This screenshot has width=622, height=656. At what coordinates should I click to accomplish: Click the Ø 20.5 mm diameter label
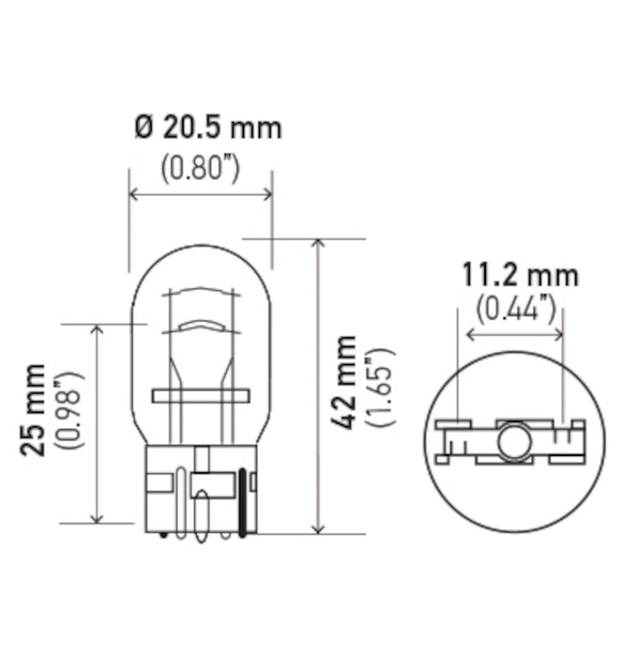pyautogui.click(x=208, y=127)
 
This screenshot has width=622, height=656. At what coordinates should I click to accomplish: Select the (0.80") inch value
pyautogui.click(x=199, y=169)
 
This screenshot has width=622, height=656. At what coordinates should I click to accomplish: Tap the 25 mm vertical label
pyautogui.click(x=36, y=409)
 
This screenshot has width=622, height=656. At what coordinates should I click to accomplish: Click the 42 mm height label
pyautogui.click(x=344, y=381)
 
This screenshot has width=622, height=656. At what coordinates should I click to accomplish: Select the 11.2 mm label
pyautogui.click(x=520, y=275)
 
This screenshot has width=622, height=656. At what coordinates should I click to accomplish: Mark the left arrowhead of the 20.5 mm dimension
pyautogui.click(x=133, y=194)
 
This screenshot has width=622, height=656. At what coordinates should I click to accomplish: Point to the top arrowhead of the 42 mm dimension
pyautogui.click(x=317, y=244)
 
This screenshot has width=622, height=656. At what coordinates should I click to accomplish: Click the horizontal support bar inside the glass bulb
pyautogui.click(x=201, y=396)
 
